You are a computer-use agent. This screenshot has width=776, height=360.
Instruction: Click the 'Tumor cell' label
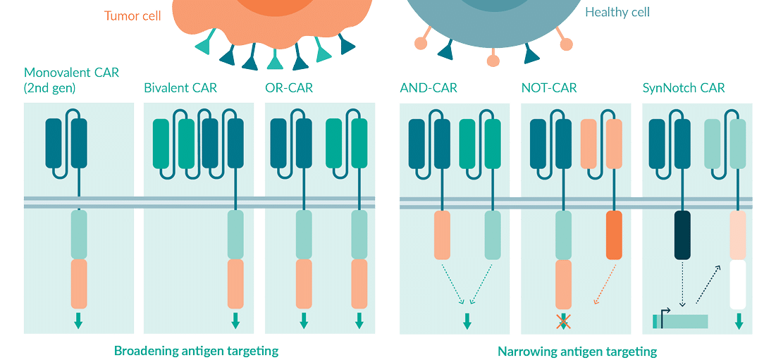(x=133, y=15)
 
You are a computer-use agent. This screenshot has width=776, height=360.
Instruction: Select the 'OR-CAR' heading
(x=290, y=88)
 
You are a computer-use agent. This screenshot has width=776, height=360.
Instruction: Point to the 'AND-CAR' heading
(x=429, y=88)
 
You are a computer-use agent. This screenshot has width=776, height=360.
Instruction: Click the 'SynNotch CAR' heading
(x=684, y=88)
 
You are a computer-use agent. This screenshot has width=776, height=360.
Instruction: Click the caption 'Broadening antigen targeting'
(x=196, y=350)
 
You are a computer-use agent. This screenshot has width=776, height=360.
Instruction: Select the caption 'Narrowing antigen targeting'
(x=577, y=350)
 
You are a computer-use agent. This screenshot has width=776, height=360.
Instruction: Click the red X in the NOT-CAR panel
(x=564, y=322)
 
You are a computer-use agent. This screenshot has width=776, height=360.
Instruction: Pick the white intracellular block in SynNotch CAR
(x=738, y=285)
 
